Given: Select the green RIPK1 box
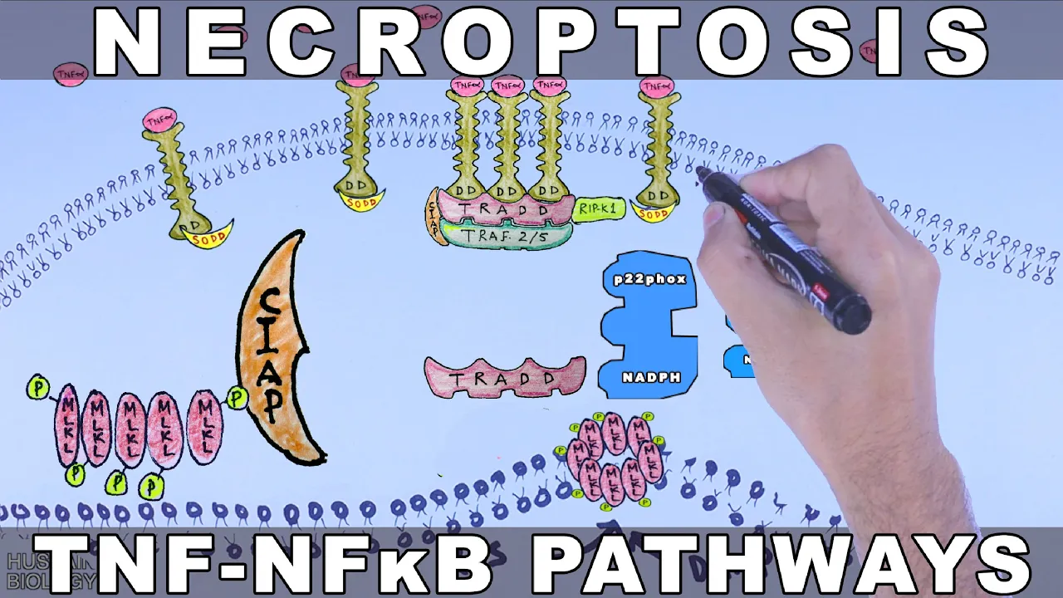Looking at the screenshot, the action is [x=599, y=209].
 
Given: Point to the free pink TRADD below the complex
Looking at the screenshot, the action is [x=504, y=378].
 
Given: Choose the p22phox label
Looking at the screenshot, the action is [x=649, y=280].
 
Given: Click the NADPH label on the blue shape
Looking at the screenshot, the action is [x=651, y=378].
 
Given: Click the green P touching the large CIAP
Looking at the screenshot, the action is [x=238, y=399].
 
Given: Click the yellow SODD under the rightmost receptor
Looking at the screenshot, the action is [x=654, y=214].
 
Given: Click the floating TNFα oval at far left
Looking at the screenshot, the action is [x=71, y=75].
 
